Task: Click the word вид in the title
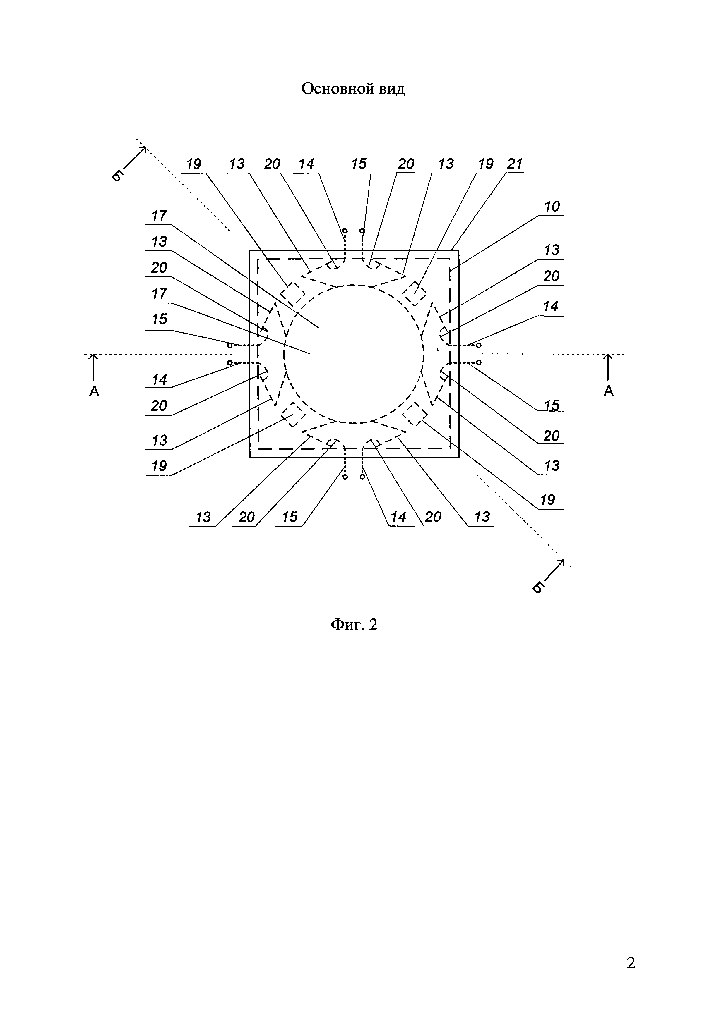point(392,89)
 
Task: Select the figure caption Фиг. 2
point(354,624)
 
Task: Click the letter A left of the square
point(94,391)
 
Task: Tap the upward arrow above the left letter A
point(93,366)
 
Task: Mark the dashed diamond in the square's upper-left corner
point(292,294)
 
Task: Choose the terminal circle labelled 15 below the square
point(345,477)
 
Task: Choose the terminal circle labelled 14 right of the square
point(479,345)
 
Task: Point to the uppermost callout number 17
point(159,216)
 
